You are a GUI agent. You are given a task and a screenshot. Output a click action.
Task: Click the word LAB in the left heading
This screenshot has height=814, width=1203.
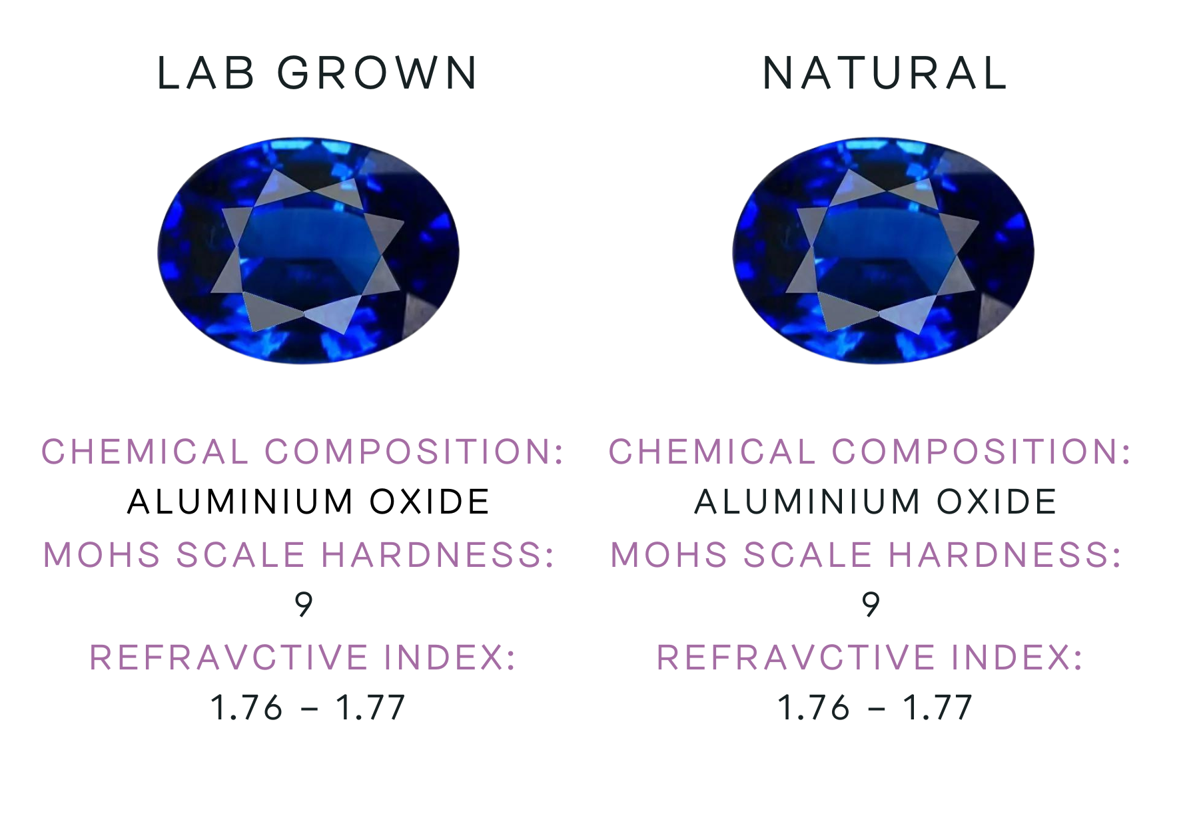point(206,73)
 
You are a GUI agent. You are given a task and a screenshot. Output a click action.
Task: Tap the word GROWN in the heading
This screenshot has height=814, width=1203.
point(378,73)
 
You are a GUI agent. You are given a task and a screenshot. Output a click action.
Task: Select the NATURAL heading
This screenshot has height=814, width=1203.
point(885,73)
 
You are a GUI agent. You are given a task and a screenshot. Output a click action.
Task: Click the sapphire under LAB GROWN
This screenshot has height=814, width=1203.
point(308,250)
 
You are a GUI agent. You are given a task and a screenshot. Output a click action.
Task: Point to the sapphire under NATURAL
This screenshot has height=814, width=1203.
point(883,250)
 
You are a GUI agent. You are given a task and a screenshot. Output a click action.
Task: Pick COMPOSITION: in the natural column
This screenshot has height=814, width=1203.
point(982,452)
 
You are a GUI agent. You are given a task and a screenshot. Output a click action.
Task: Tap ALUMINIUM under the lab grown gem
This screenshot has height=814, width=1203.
point(240,502)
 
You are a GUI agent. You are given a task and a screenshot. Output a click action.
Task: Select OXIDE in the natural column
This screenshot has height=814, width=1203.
point(997,502)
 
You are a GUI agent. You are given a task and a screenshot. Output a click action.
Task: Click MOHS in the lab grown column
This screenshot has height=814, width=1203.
point(102,555)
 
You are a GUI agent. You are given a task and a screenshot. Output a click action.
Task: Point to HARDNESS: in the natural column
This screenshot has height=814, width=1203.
point(1006,555)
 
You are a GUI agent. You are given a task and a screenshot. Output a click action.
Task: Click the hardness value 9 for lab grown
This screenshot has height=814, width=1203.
point(304,605)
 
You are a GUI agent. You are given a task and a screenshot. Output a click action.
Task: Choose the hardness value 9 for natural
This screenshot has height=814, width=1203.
point(871,605)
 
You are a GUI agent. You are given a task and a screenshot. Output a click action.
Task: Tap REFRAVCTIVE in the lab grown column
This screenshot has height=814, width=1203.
point(229,658)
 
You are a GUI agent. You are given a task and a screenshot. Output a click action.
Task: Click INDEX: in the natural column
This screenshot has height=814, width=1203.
point(1017,658)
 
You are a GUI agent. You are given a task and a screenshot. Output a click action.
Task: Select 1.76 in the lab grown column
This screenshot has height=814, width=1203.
point(246,707)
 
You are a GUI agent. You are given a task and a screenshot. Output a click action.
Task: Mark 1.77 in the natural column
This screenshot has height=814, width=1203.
point(938,707)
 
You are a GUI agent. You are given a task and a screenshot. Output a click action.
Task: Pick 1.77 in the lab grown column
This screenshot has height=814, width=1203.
point(370,707)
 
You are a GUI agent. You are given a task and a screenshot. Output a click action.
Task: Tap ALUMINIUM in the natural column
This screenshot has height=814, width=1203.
point(807,502)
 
